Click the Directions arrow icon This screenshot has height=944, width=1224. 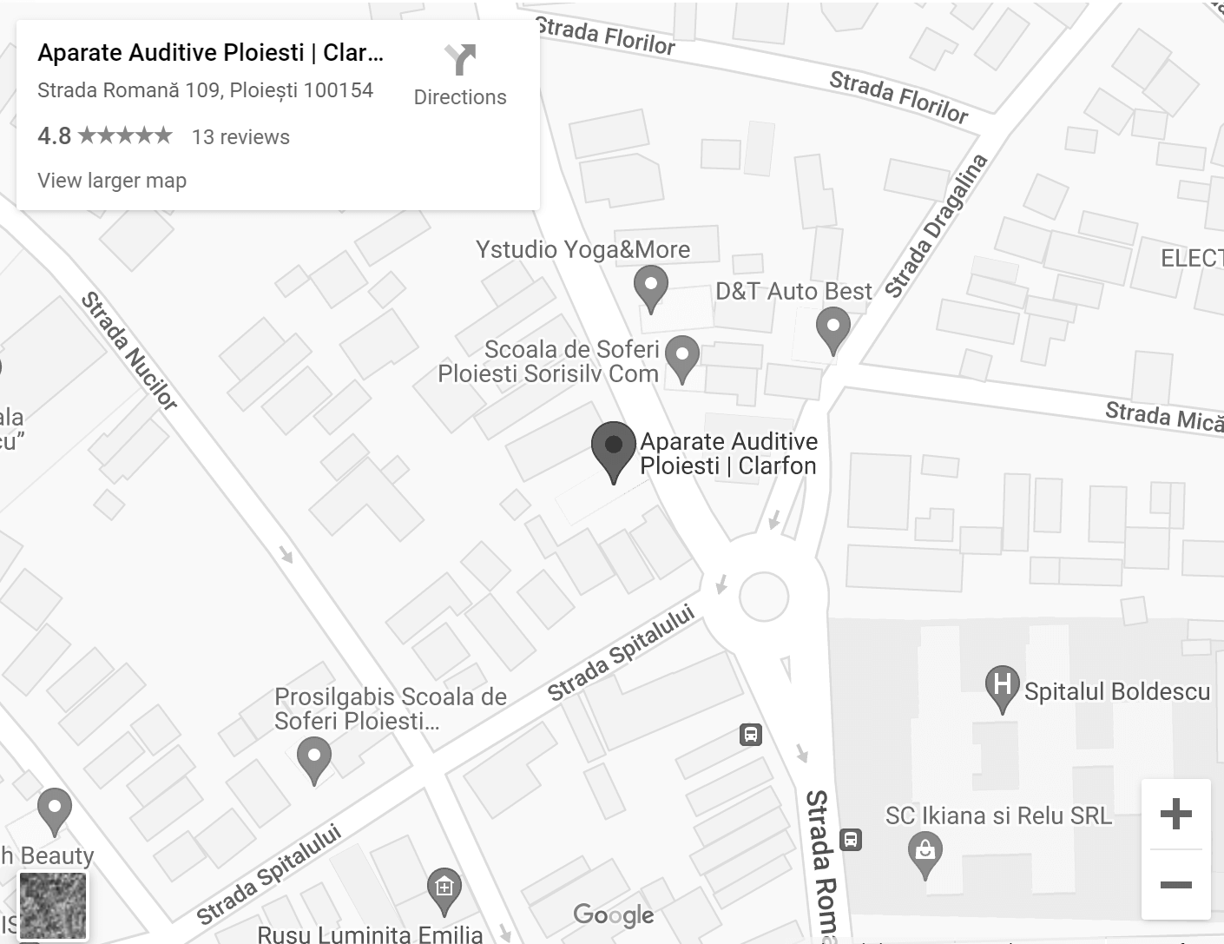(x=460, y=60)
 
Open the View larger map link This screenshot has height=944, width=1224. (x=112, y=181)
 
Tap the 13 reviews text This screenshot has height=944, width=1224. (x=240, y=137)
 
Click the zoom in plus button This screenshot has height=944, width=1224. (x=1175, y=814)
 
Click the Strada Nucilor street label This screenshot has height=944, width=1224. (x=129, y=350)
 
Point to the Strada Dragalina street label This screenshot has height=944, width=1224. (x=937, y=225)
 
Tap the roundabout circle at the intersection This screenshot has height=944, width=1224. (x=764, y=597)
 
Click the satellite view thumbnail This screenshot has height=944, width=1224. (x=53, y=906)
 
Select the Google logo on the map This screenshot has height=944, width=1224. (x=614, y=914)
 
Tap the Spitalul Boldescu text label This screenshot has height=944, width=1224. (x=1116, y=691)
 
